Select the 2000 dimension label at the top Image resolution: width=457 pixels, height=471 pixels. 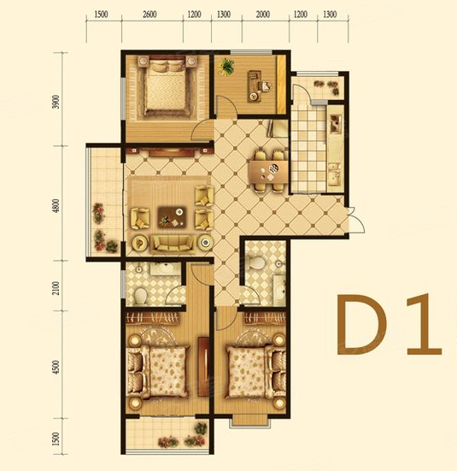pos(262,15)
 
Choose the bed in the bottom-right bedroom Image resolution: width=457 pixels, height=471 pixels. pos(250,367)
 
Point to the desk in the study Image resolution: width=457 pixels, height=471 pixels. pos(255,84)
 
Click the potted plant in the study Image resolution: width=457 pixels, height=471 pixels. pos(227,67)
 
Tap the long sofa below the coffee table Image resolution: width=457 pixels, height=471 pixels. pos(173,244)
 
